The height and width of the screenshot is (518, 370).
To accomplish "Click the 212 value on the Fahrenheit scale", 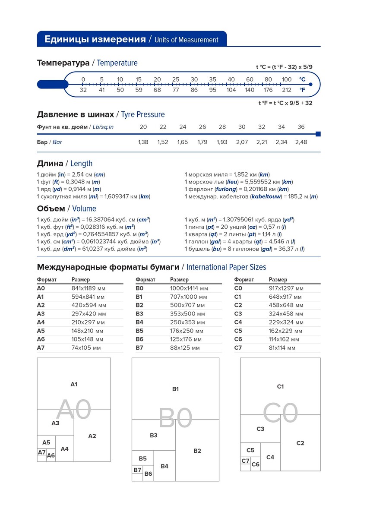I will pos(287,90).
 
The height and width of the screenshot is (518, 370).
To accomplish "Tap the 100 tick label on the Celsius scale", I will pos(287,79).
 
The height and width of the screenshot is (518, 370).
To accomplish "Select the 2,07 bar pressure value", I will pos(242,142).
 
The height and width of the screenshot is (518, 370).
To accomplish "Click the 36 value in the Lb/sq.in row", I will pos(301,126).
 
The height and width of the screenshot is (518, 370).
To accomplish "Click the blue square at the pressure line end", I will pos(318,134).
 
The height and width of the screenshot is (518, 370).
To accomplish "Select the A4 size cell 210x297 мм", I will pos(88,322).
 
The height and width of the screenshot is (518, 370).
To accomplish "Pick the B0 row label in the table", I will pos(139,288).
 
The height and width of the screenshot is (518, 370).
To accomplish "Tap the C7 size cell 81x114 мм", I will pos(282,347).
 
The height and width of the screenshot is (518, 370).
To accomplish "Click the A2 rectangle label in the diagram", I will pos(92,436).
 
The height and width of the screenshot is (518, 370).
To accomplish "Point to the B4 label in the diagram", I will pos(164,466).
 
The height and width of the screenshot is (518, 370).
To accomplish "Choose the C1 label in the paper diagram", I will pos(280,387).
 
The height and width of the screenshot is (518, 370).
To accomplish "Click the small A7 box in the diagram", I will pos(41,452).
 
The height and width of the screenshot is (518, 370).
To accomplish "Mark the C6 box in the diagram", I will pos(256,464).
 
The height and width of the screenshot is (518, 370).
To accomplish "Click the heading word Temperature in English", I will pos(117,63).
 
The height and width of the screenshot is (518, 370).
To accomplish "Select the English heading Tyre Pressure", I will pos(142,115).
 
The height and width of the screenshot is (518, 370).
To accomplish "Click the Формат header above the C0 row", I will pos(244,280).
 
